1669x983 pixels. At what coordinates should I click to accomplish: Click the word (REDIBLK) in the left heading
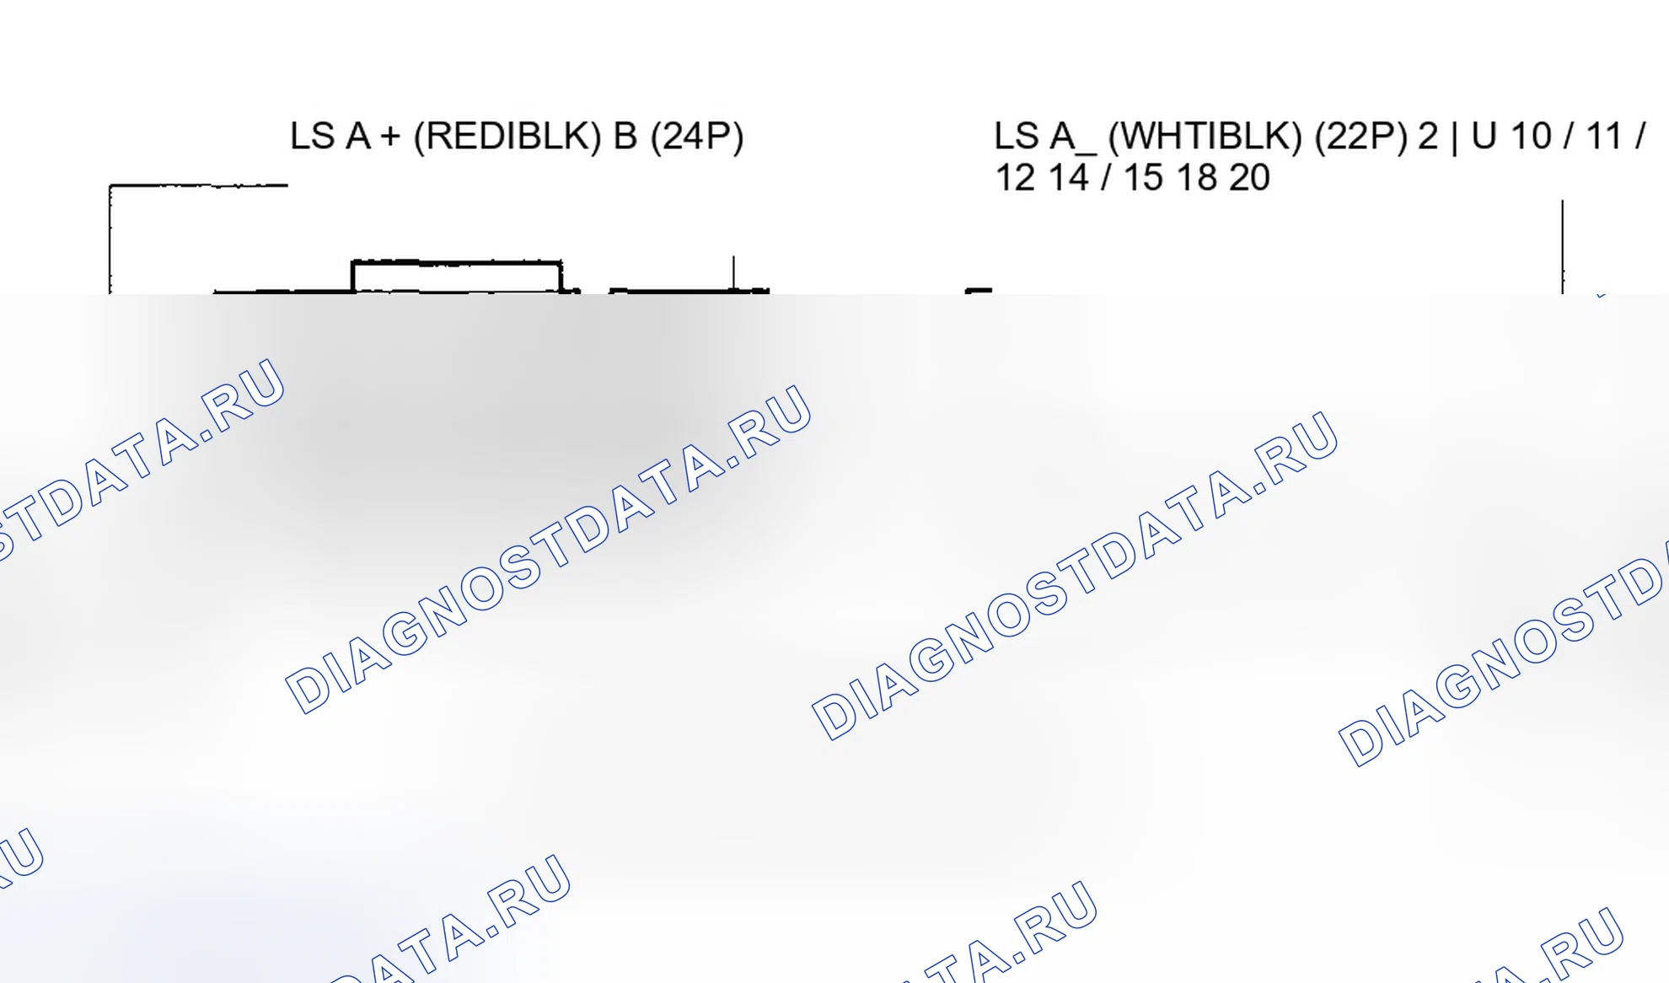click(507, 137)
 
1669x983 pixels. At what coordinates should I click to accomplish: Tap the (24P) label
click(697, 137)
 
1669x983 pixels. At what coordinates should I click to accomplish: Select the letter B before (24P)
click(625, 137)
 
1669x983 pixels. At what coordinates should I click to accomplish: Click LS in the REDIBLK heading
click(311, 137)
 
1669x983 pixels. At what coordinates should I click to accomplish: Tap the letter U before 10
click(1484, 137)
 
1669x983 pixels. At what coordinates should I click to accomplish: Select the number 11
click(1603, 137)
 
